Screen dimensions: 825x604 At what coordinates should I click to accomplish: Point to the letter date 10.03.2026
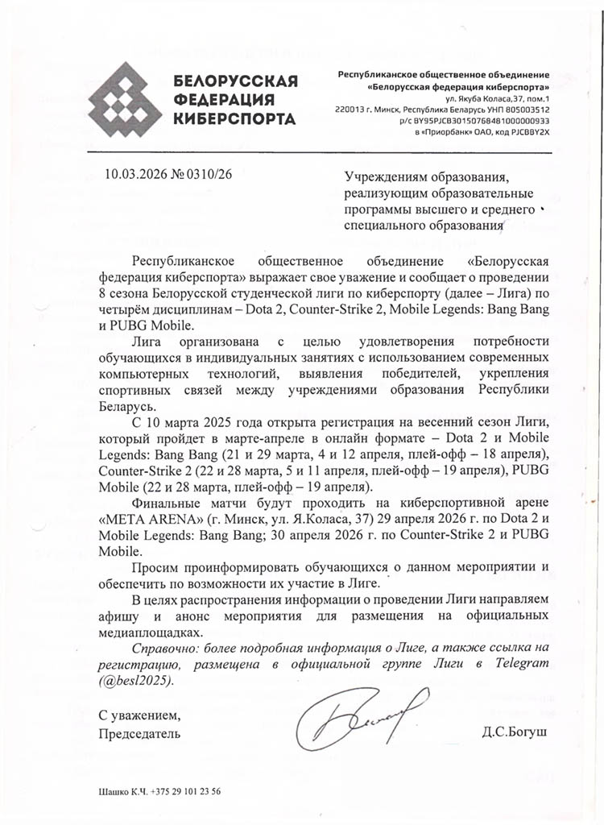[x=136, y=173]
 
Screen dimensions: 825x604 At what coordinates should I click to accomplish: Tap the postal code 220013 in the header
[x=351, y=108]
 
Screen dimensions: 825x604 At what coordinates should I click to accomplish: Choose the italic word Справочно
[x=161, y=649]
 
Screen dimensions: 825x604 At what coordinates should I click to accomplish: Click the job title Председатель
[x=140, y=733]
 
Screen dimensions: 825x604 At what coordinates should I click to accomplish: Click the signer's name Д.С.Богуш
[x=511, y=733]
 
